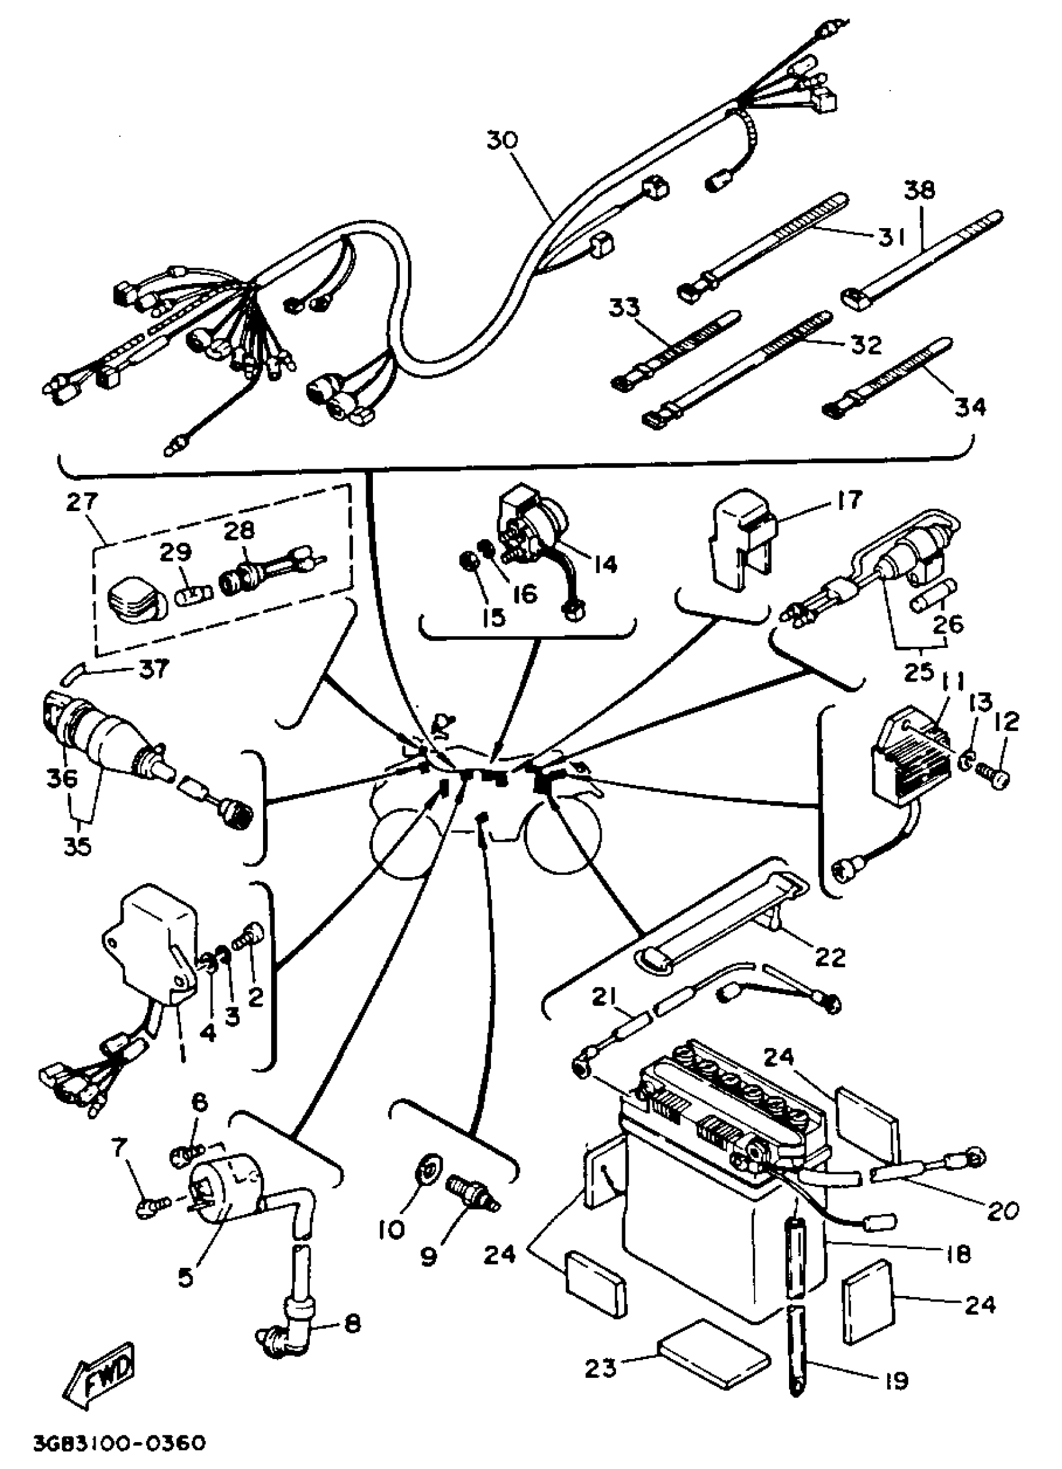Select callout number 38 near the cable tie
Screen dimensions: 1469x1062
click(920, 191)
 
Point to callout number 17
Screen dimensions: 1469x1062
click(849, 500)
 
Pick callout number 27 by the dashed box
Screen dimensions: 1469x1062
click(82, 501)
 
